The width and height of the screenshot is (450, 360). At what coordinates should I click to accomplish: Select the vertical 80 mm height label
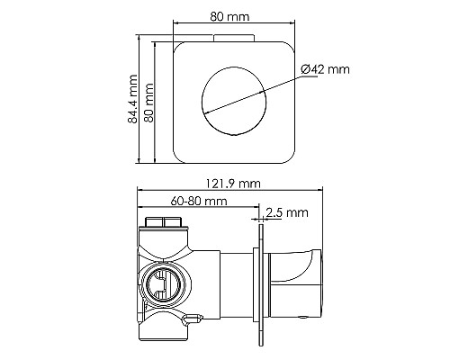pos(148,101)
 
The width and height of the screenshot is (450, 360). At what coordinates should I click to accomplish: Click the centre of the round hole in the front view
pos(234,101)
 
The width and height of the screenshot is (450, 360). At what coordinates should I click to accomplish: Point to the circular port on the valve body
pos(164,283)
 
